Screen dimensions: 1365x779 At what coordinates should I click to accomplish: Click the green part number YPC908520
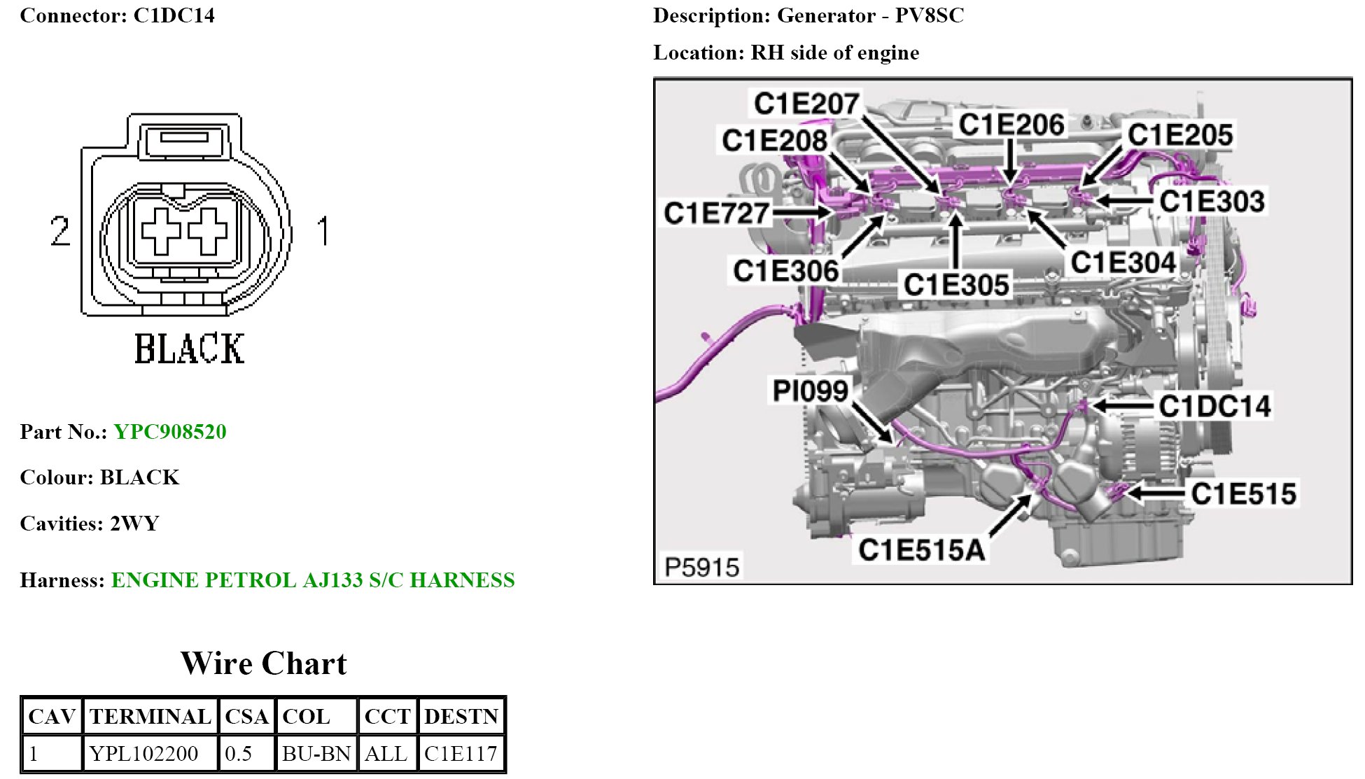(170, 431)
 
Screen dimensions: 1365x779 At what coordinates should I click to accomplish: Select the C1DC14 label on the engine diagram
(1214, 406)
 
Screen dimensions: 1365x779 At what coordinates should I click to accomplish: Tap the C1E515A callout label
(921, 550)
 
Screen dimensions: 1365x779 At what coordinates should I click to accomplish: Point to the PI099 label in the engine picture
(810, 391)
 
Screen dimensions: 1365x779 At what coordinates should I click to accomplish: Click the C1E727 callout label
(716, 213)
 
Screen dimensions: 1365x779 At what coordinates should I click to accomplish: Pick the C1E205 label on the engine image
(1179, 134)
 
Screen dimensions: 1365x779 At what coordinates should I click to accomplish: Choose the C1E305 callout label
(956, 285)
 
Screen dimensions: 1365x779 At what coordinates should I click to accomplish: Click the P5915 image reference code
(701, 567)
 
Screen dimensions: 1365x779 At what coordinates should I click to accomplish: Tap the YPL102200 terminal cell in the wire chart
(143, 753)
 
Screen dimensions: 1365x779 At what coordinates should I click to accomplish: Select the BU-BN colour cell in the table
(316, 753)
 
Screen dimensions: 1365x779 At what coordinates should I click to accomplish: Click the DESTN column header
(461, 716)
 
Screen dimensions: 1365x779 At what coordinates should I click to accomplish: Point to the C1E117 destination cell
(461, 753)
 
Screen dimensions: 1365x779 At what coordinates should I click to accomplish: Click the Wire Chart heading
(264, 663)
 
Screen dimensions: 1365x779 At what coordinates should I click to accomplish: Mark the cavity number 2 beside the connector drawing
(61, 231)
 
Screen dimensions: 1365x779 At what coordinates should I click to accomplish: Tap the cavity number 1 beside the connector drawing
(323, 231)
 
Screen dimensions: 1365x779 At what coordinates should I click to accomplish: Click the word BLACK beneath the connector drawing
(189, 349)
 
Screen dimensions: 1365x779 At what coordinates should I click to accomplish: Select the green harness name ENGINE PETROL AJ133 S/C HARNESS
(313, 580)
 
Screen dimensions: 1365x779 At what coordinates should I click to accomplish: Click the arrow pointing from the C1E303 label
(1123, 201)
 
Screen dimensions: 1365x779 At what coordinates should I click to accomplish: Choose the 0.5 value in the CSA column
(239, 753)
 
